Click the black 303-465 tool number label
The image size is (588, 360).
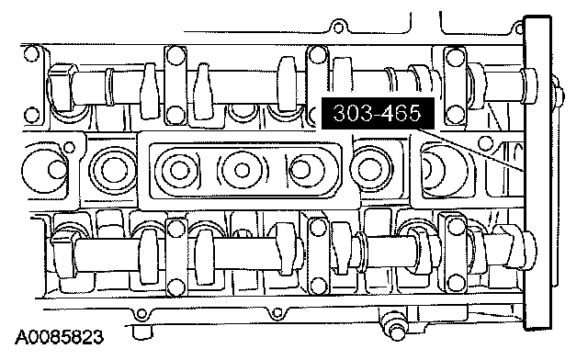click(x=378, y=113)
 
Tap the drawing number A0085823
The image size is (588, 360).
click(x=59, y=338)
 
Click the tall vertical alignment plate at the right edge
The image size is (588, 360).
click(x=537, y=174)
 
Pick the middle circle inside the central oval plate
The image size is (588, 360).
click(x=242, y=170)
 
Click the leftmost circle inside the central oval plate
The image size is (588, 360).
click(x=179, y=170)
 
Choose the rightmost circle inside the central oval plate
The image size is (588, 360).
click(x=300, y=170)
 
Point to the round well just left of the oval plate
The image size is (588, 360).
click(x=112, y=171)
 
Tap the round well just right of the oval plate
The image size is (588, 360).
click(x=370, y=170)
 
